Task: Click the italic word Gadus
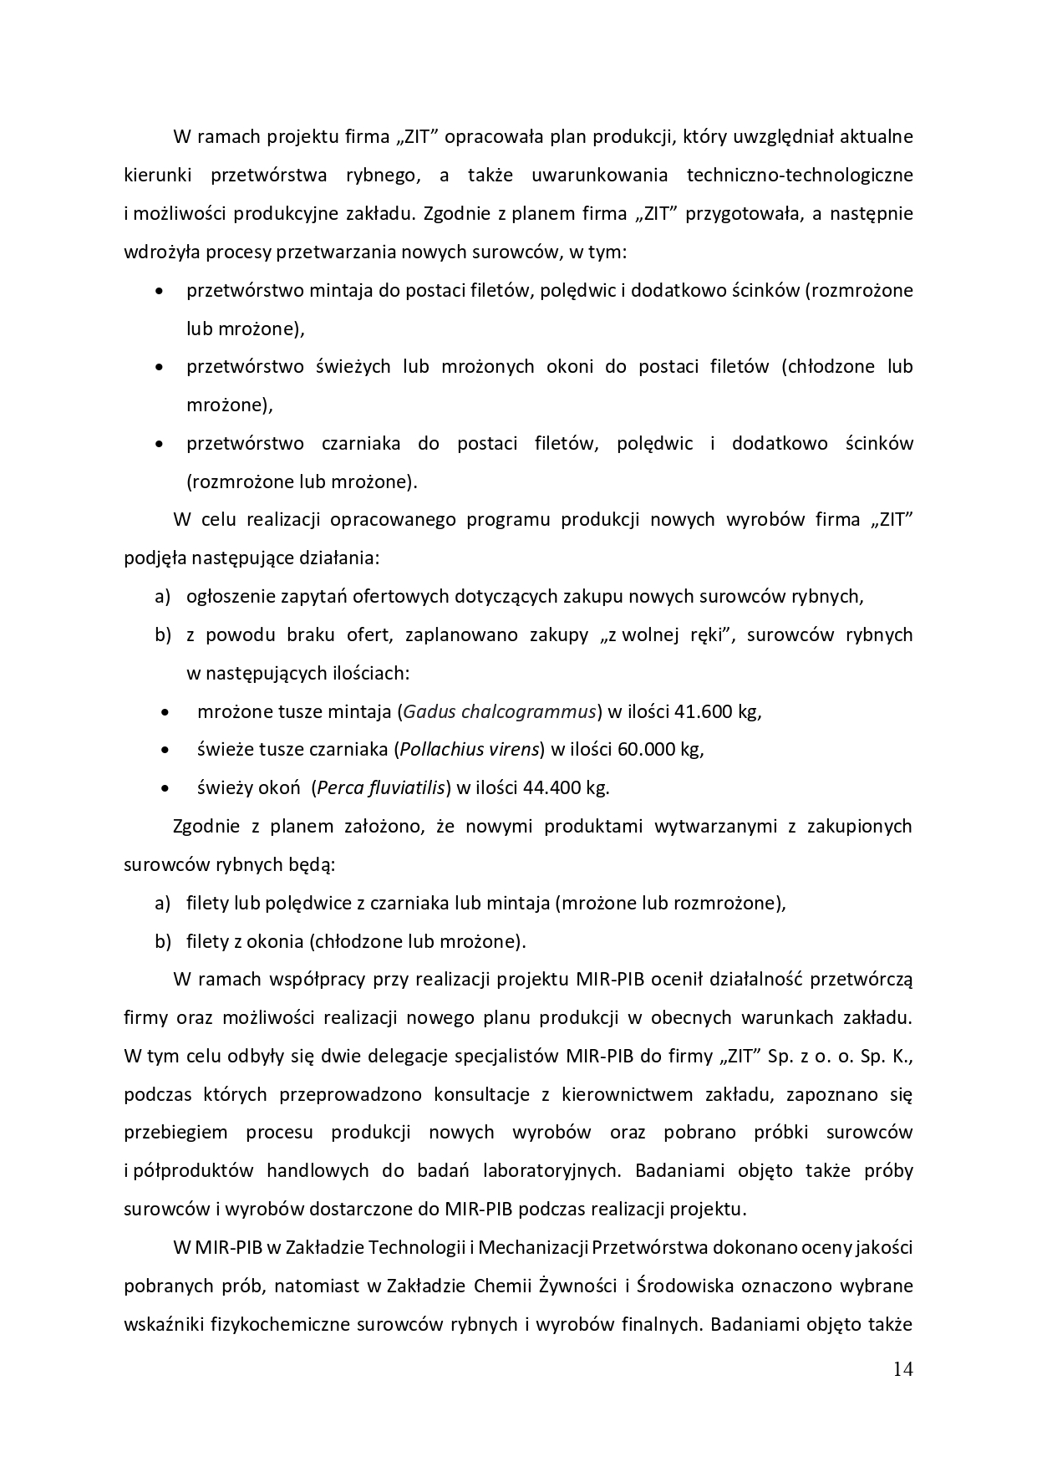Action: click(429, 711)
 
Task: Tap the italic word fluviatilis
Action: click(405, 787)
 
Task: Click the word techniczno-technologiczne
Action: click(799, 175)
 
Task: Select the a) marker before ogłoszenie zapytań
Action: click(162, 596)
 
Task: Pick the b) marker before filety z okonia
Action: click(162, 941)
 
